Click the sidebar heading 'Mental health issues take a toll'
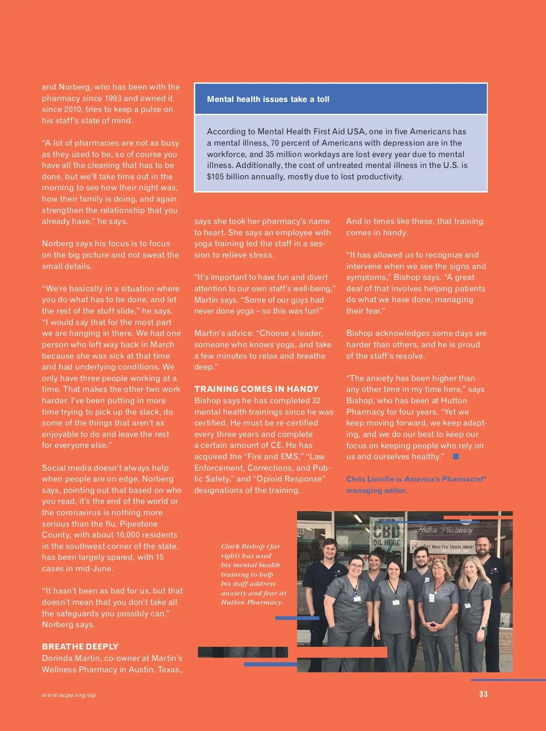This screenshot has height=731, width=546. tap(268, 99)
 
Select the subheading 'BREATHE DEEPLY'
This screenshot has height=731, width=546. tap(80, 646)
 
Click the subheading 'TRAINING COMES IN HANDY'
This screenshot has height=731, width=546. tap(256, 389)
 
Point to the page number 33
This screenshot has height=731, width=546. tap(483, 694)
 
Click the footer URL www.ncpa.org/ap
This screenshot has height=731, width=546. tap(69, 695)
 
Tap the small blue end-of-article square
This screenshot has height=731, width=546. tap(456, 457)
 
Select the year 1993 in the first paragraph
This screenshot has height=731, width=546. tap(113, 98)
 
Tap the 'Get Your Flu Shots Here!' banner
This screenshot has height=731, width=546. tap(448, 547)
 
